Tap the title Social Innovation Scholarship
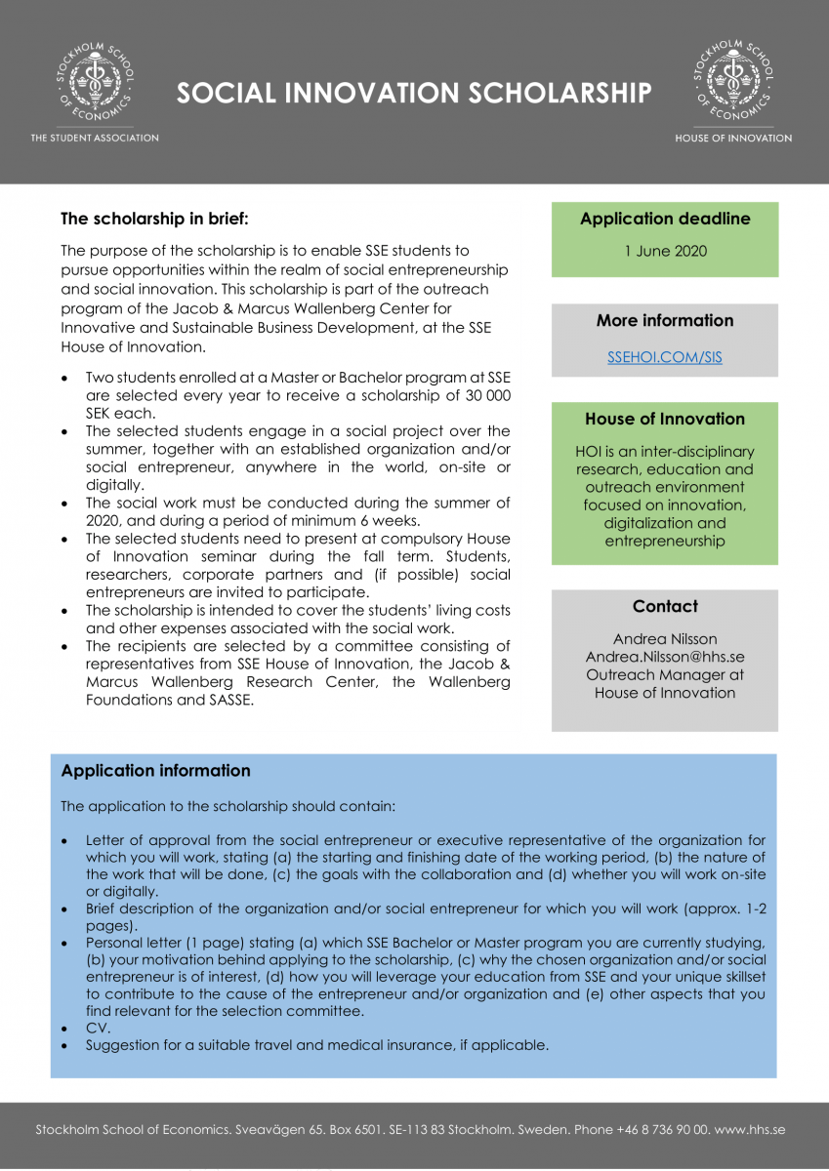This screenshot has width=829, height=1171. tap(414, 93)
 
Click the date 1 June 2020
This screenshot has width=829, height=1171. tap(665, 251)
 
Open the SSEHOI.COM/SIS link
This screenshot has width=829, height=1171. tap(665, 357)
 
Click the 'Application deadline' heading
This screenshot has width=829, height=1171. tap(665, 219)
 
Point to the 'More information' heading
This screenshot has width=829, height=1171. tap(665, 320)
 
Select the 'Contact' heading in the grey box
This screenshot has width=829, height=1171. tap(665, 606)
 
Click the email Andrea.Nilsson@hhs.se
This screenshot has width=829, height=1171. tap(665, 657)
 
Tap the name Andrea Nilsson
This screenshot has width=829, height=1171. tap(665, 639)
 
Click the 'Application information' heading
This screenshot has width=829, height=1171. tap(155, 771)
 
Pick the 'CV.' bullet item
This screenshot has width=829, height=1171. tap(98, 1028)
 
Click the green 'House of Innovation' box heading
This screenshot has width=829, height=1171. tap(665, 419)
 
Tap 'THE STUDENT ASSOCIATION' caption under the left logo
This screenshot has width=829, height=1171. tap(95, 138)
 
